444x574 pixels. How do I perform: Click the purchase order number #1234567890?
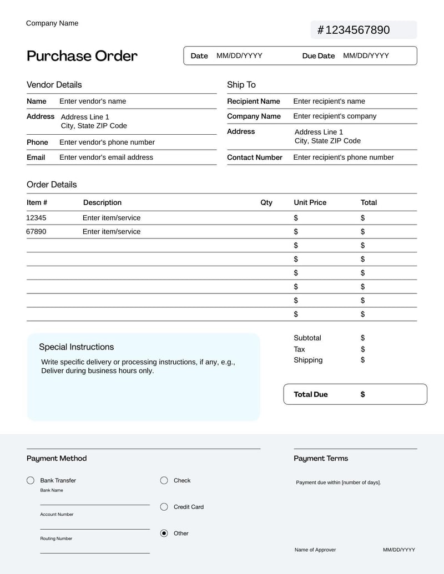click(x=354, y=30)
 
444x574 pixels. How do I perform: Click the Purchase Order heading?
click(x=82, y=56)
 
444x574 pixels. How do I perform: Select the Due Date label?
click(x=319, y=56)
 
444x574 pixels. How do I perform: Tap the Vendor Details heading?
click(x=54, y=85)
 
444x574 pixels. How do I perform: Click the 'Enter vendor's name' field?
click(x=93, y=101)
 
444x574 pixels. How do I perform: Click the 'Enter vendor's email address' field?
click(x=106, y=158)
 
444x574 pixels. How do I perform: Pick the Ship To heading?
click(x=241, y=85)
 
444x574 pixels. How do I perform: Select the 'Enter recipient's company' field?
click(x=335, y=116)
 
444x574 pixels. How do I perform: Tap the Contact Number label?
click(x=255, y=158)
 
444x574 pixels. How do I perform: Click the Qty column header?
click(x=266, y=203)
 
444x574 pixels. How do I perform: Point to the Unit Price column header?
click(x=310, y=203)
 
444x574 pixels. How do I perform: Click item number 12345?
click(x=37, y=218)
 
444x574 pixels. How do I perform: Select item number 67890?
click(x=37, y=232)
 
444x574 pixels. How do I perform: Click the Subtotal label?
click(x=307, y=338)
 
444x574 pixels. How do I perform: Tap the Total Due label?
click(x=311, y=395)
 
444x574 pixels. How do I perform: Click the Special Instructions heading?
click(x=76, y=347)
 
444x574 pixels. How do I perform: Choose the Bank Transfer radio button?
click(x=31, y=481)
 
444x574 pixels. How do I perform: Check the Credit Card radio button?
click(x=164, y=507)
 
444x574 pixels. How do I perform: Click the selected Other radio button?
click(x=164, y=534)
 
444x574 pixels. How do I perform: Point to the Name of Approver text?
click(x=315, y=550)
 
